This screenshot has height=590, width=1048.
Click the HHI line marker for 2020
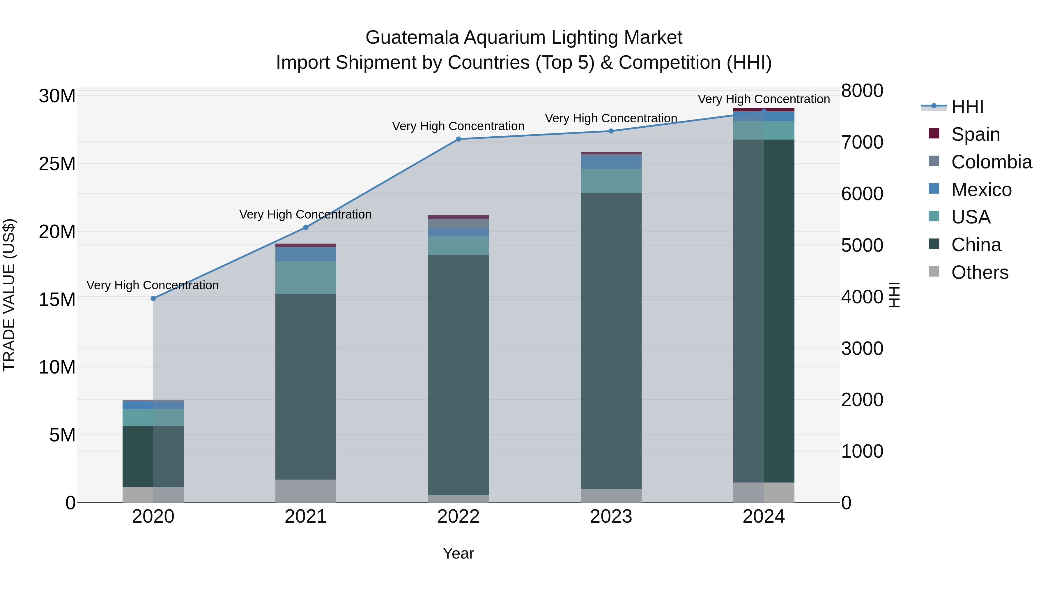(x=153, y=298)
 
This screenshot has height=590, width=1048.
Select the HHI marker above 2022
(x=458, y=139)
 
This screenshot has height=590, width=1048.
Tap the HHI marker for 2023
(x=611, y=131)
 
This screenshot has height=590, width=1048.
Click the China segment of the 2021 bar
(x=306, y=387)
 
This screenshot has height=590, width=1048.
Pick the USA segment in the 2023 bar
(x=611, y=181)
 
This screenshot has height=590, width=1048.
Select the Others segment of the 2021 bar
(x=306, y=491)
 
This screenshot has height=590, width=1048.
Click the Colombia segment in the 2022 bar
(x=458, y=223)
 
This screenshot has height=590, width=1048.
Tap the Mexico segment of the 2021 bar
(x=306, y=254)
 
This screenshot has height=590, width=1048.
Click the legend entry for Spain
(x=975, y=134)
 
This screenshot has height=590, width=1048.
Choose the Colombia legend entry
(x=991, y=162)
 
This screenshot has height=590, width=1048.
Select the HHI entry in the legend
(x=967, y=107)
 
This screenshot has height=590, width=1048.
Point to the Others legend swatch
(x=934, y=272)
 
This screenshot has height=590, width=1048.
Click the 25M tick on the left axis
(x=57, y=164)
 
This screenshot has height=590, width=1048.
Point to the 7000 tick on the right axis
(x=862, y=142)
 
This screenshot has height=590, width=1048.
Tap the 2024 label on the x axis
(x=763, y=517)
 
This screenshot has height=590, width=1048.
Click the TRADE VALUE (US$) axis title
(x=9, y=295)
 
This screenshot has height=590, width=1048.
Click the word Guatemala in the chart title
(x=412, y=38)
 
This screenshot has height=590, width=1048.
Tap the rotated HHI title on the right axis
(x=894, y=295)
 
